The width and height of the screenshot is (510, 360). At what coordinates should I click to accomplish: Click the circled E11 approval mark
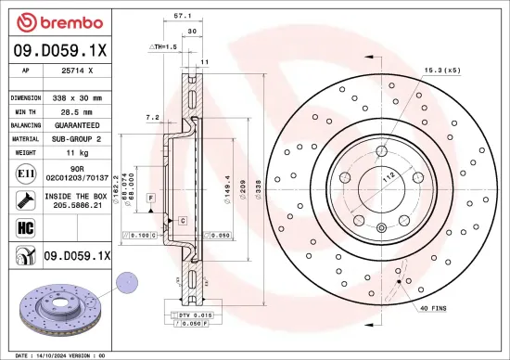[22, 173]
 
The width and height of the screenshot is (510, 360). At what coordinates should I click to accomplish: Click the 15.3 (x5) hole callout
[443, 70]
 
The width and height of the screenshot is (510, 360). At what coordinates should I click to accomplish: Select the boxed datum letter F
[150, 199]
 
